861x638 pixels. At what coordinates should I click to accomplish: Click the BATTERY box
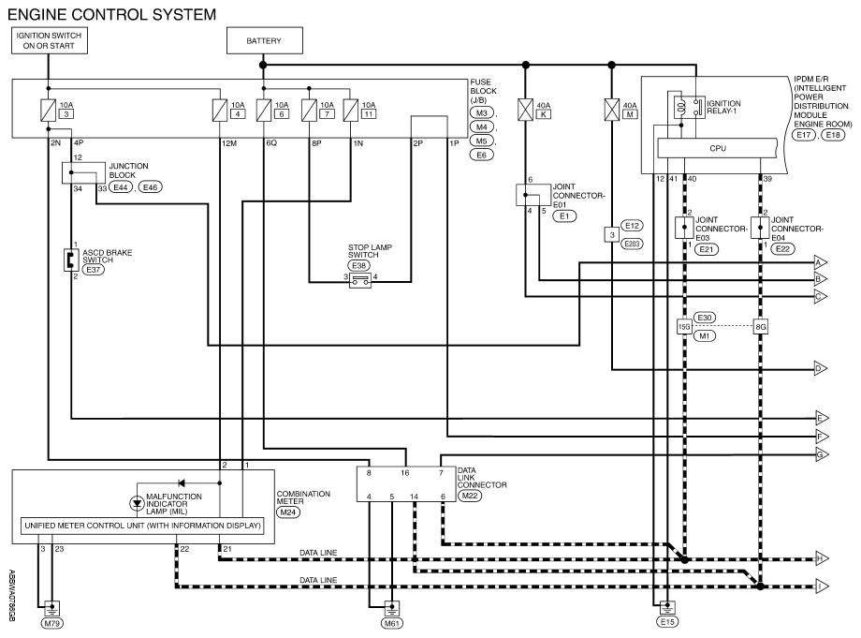pyautogui.click(x=263, y=41)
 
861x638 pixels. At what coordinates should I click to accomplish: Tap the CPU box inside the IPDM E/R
pyautogui.click(x=718, y=148)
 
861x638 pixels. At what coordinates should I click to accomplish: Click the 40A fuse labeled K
pyautogui.click(x=525, y=113)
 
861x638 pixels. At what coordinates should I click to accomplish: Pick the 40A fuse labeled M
pyautogui.click(x=611, y=113)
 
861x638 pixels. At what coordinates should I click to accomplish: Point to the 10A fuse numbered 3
pyautogui.click(x=46, y=110)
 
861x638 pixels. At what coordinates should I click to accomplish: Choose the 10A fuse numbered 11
pyautogui.click(x=349, y=110)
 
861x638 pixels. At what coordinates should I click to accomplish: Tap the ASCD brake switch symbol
pyautogui.click(x=70, y=259)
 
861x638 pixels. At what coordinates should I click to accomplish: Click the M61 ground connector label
pyautogui.click(x=388, y=622)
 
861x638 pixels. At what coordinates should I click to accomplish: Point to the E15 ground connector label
pyautogui.click(x=666, y=622)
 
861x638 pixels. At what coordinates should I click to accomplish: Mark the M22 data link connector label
pyautogui.click(x=470, y=496)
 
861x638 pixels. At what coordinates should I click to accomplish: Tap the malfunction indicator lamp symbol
pyautogui.click(x=137, y=503)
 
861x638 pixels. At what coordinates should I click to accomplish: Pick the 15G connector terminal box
pyautogui.click(x=683, y=327)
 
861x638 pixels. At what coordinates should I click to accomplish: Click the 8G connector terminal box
pyautogui.click(x=761, y=327)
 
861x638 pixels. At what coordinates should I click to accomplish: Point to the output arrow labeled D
pyautogui.click(x=820, y=368)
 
